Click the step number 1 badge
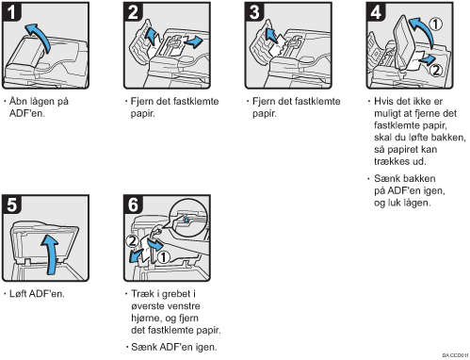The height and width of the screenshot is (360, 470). click(11, 11)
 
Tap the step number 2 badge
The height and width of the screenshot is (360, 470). click(133, 11)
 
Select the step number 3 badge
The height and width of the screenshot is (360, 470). click(254, 11)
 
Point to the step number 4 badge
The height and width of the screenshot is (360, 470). click(376, 11)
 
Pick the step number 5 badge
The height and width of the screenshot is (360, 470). click(11, 204)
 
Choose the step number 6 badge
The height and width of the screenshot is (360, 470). click(133, 204)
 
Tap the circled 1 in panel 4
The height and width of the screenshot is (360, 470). click(436, 25)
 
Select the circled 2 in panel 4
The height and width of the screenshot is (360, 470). click(436, 70)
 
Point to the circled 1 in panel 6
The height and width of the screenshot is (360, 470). click(163, 257)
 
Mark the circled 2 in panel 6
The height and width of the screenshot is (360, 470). click(133, 241)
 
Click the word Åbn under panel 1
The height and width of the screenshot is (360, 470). click(18, 101)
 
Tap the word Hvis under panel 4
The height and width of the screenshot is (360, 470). click(383, 101)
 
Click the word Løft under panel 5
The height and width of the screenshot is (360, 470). click(18, 294)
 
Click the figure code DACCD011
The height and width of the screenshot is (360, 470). click(455, 355)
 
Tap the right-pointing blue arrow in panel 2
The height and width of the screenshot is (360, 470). click(194, 41)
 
